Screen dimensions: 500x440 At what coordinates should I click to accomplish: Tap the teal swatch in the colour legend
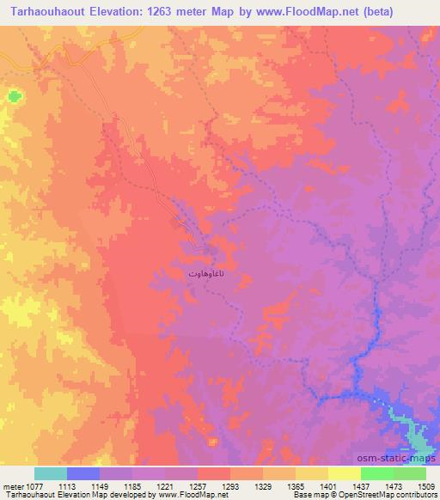pyautogui.click(x=51, y=473)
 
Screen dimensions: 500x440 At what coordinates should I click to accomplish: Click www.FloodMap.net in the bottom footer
pyautogui.click(x=180, y=495)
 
